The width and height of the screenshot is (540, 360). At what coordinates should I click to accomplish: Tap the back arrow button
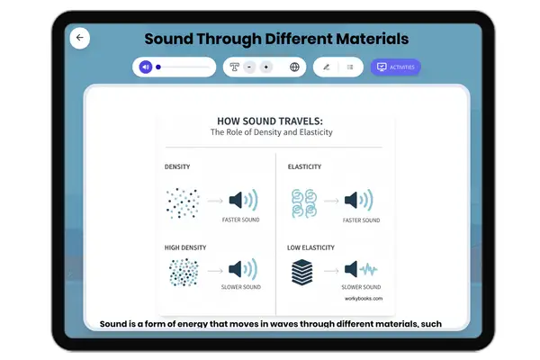click(x=79, y=38)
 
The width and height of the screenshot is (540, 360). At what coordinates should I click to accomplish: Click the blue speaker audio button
click(x=146, y=67)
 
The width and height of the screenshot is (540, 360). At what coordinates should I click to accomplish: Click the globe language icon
click(x=294, y=67)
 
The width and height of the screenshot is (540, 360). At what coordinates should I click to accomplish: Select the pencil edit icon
click(x=327, y=67)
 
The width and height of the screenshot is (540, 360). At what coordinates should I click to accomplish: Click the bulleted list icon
click(x=350, y=67)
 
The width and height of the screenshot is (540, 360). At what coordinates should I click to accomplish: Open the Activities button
click(x=396, y=67)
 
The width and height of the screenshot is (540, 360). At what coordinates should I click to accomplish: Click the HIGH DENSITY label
click(x=185, y=247)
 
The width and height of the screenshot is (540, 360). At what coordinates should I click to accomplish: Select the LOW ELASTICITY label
click(x=311, y=247)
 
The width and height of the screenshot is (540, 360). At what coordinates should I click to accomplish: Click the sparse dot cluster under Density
click(x=183, y=202)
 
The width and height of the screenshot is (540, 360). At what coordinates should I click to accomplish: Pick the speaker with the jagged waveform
click(x=366, y=269)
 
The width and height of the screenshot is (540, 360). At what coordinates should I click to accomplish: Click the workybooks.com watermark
click(x=364, y=299)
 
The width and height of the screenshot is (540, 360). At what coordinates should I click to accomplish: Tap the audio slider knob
click(x=158, y=67)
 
